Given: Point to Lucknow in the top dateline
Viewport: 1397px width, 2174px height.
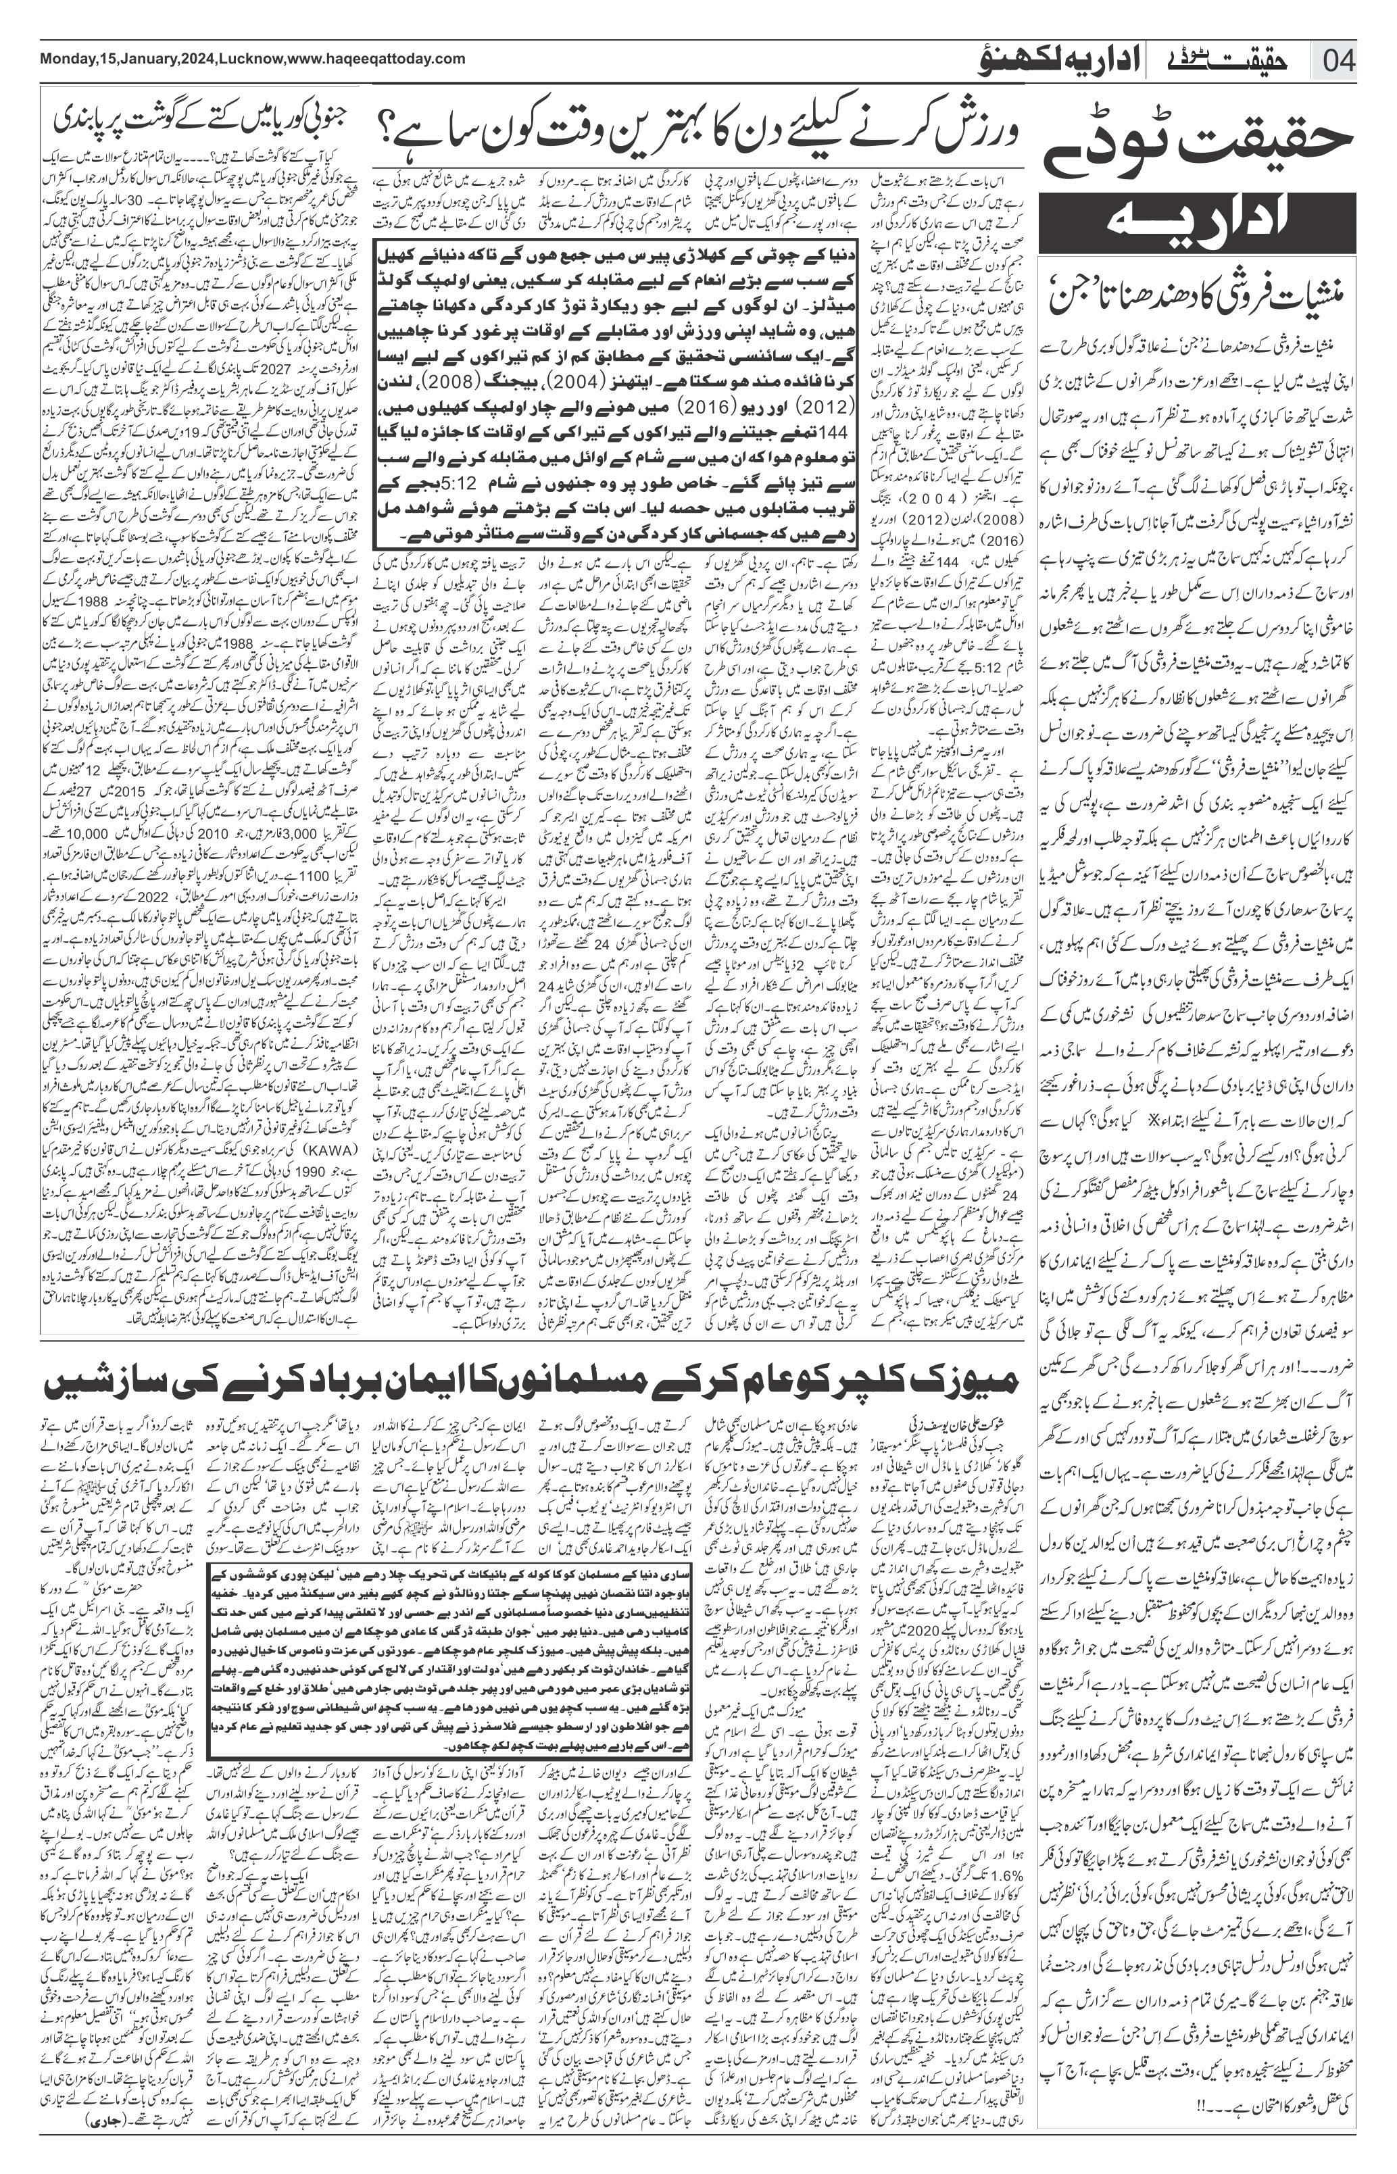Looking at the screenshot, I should click(x=251, y=59).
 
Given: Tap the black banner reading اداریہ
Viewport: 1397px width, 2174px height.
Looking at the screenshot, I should click(x=1198, y=220).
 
